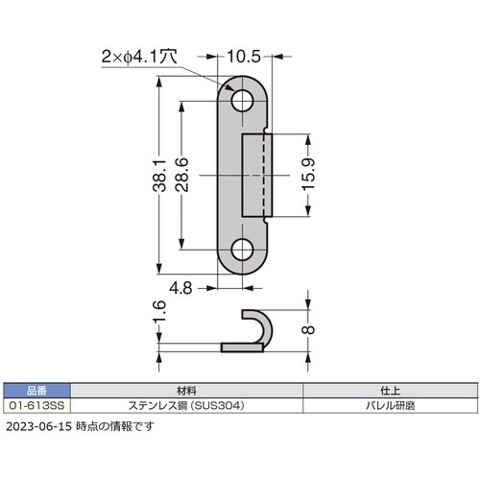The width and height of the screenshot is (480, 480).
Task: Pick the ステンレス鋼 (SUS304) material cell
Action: [188, 406]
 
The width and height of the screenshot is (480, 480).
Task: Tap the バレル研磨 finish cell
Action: [390, 406]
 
